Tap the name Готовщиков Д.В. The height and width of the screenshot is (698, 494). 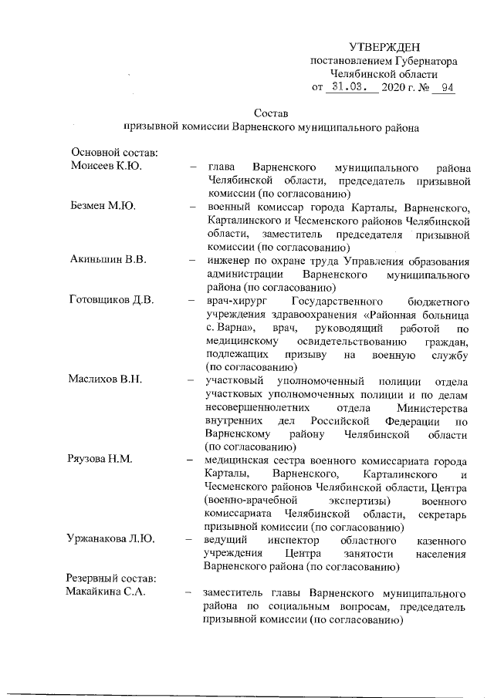113,301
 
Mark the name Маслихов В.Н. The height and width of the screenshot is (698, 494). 108,381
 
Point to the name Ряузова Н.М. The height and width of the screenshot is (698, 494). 103,460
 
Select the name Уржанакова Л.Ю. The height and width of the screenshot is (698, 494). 112,540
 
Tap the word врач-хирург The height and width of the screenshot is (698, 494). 234,301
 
